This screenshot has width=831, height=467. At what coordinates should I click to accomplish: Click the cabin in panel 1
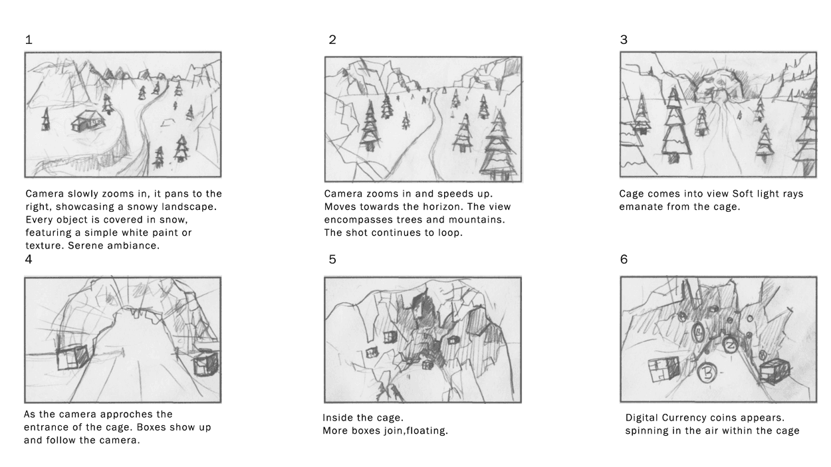88,120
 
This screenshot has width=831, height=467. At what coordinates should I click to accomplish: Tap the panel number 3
624,40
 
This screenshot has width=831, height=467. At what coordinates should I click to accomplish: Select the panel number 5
332,260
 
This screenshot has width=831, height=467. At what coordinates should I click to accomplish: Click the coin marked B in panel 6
707,373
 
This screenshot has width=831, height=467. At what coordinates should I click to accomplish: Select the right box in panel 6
774,371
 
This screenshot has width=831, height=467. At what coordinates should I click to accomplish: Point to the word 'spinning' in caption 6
648,431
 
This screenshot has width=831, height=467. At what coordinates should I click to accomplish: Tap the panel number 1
29,40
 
